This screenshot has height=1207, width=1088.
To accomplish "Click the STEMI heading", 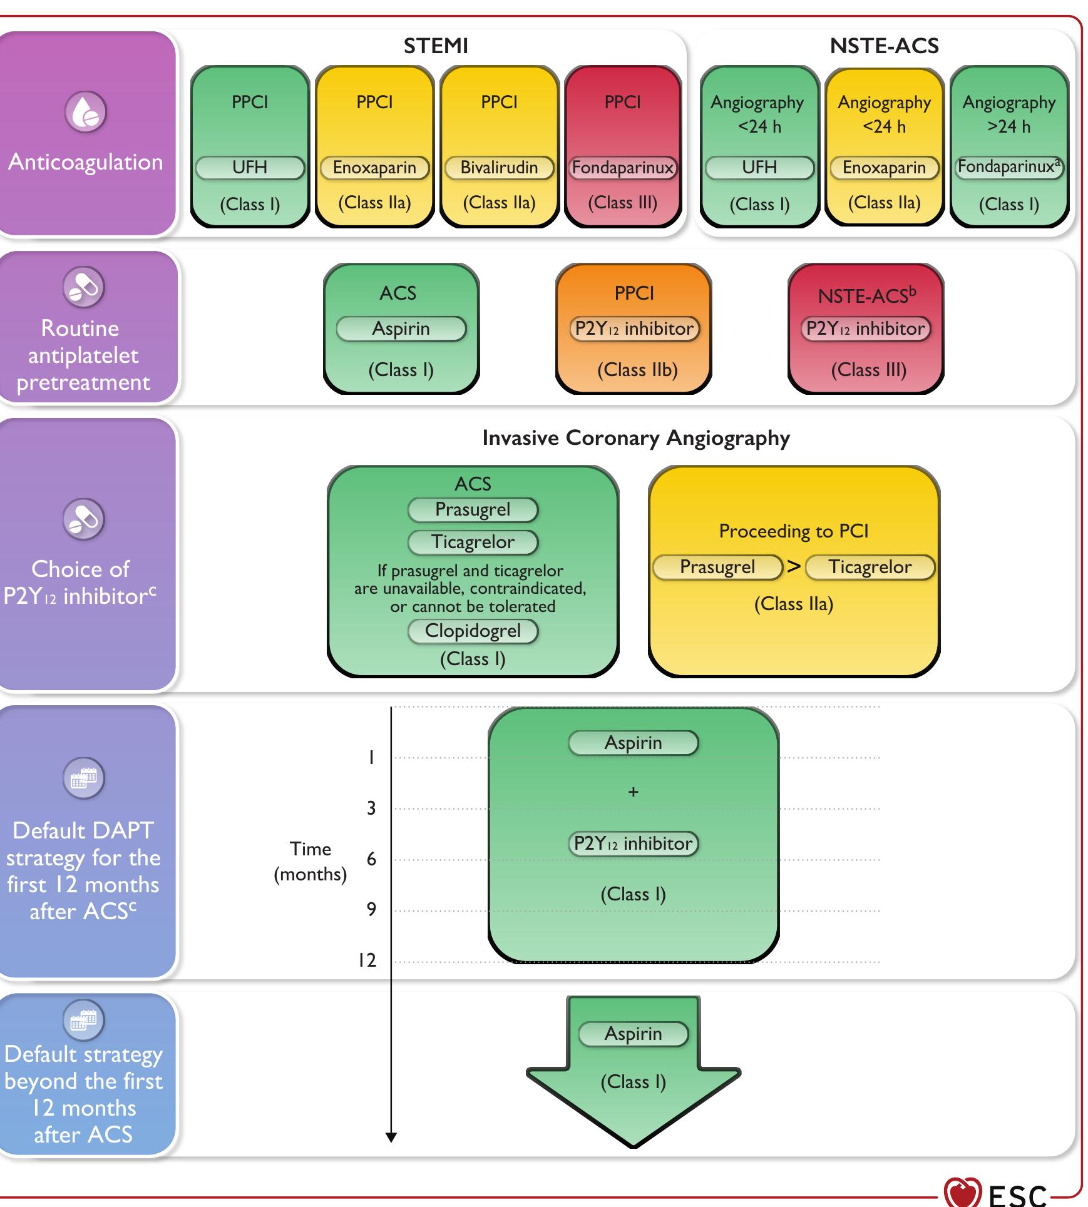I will [x=435, y=46].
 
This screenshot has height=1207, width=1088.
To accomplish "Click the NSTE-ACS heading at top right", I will [x=884, y=46].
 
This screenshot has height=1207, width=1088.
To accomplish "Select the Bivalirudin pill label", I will [x=499, y=168].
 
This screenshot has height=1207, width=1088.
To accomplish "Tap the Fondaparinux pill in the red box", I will [x=622, y=168].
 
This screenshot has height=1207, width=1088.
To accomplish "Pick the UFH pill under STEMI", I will [x=250, y=168].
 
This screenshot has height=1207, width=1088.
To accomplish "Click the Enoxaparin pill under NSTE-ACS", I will [x=883, y=168].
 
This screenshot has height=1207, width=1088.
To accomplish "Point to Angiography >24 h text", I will [x=1008, y=114].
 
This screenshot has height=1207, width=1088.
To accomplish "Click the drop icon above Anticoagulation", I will [x=85, y=112].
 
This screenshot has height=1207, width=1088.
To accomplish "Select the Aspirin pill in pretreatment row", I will [x=401, y=328].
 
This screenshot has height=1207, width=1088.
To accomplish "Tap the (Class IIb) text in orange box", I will [x=637, y=370].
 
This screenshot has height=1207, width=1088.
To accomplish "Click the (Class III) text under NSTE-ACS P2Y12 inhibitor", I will [x=868, y=370].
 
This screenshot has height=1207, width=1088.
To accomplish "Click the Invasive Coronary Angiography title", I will [x=635, y=438].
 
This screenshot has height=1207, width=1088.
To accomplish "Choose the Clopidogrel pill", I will [x=473, y=631].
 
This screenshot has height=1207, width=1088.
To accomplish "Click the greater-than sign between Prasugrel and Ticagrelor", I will [x=794, y=567].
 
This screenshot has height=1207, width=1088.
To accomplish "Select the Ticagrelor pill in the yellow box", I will [x=870, y=567].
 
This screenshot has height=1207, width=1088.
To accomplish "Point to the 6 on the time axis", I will [x=371, y=859].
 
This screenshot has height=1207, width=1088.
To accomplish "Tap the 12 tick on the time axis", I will [x=367, y=960].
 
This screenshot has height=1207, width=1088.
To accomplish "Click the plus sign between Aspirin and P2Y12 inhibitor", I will [x=633, y=792].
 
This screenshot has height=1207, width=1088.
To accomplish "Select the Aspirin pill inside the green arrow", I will [x=633, y=1034].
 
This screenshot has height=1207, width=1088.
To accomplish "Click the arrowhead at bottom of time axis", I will [x=391, y=1137].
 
